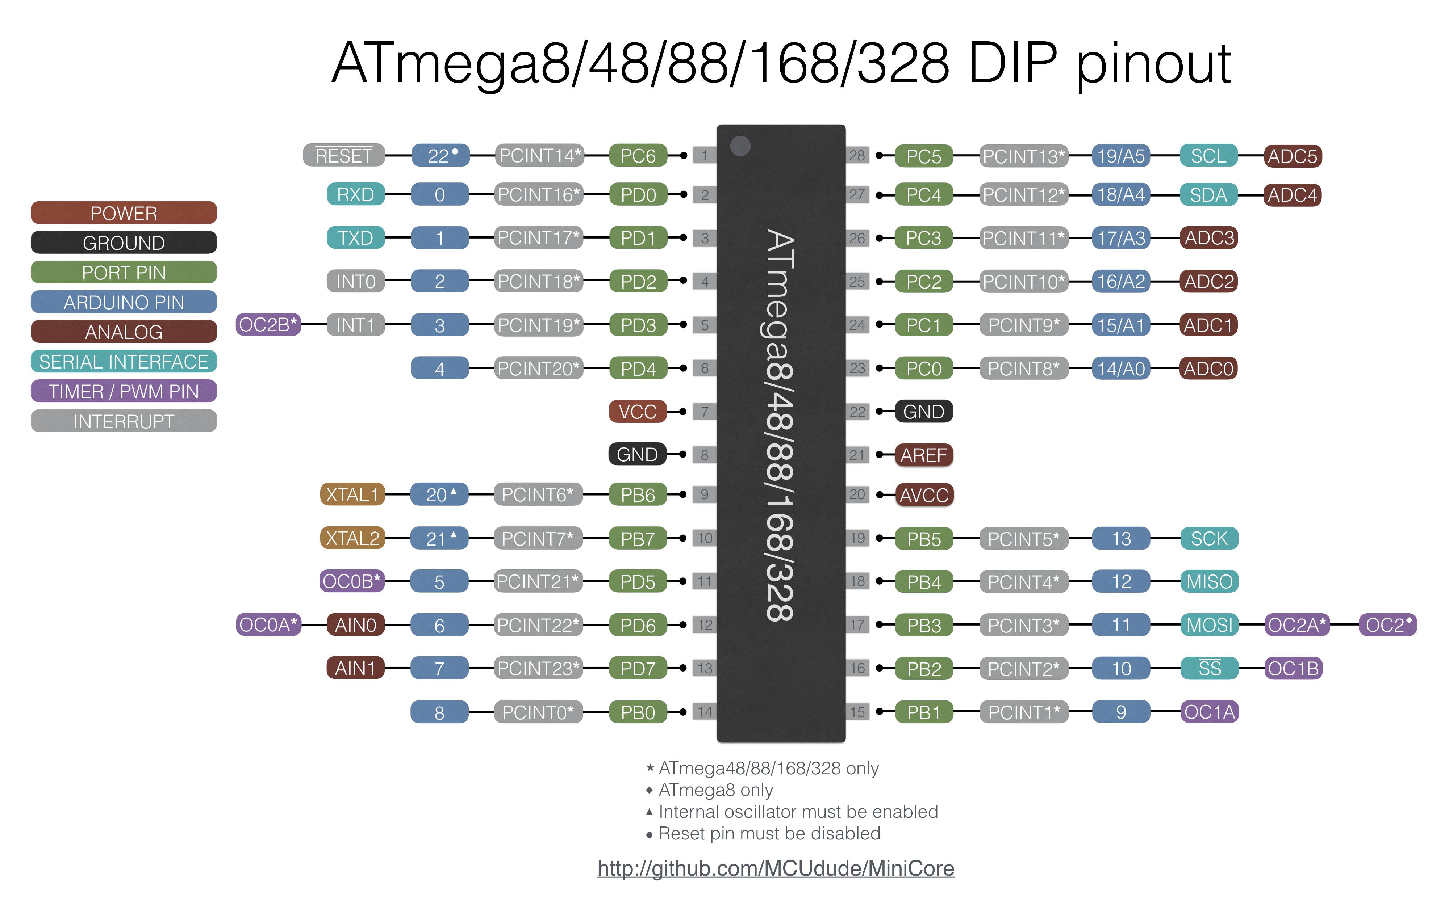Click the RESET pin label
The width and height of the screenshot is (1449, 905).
tap(344, 156)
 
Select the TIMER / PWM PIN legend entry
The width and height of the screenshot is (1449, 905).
tap(123, 391)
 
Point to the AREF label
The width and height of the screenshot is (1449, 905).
tap(923, 455)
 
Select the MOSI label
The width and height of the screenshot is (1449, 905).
tap(1209, 625)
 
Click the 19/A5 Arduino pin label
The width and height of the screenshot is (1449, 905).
tap(1121, 156)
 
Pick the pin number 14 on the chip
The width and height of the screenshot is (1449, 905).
tap(705, 712)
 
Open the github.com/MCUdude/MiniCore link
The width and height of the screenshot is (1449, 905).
tap(775, 868)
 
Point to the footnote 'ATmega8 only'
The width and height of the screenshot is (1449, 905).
tap(715, 790)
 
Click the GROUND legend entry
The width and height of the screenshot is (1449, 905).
tap(123, 243)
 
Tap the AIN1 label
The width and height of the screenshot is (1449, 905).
tap(355, 668)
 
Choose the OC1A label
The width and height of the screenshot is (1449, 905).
tap(1209, 712)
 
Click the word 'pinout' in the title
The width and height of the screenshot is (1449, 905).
tap(1153, 65)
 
